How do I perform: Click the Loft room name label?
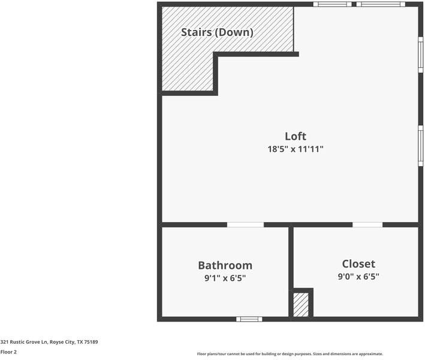(x=296, y=136)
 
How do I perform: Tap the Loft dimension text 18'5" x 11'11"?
(x=296, y=149)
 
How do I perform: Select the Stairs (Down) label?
(x=217, y=32)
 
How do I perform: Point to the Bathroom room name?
(x=225, y=265)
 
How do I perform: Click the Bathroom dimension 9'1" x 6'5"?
(x=225, y=278)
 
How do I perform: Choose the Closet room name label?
(x=358, y=264)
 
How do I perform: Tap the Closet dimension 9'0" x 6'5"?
(x=358, y=277)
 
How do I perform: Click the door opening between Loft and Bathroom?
(x=245, y=225)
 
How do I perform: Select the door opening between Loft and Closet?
(x=367, y=225)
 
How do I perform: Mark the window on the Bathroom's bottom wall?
(x=249, y=319)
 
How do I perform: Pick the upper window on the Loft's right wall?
(x=421, y=55)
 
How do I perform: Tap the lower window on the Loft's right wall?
(x=421, y=145)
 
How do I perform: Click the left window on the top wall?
(x=332, y=4)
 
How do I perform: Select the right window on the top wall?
(x=381, y=4)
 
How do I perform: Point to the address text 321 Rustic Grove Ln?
(x=24, y=342)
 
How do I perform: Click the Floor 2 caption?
(x=8, y=352)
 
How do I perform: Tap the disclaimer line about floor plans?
(x=290, y=354)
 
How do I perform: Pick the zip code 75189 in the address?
(x=91, y=342)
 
